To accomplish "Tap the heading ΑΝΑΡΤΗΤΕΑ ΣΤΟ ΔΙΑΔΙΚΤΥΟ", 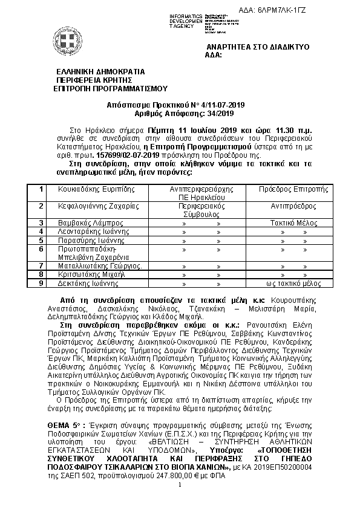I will pyautogui.click(x=250, y=47).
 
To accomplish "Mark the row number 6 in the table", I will pyautogui.click(x=41, y=248).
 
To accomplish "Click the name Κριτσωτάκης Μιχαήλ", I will pyautogui.click(x=91, y=274).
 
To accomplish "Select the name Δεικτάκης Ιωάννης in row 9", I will pyautogui.click(x=88, y=282).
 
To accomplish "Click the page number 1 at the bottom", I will pyautogui.click(x=180, y=485).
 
